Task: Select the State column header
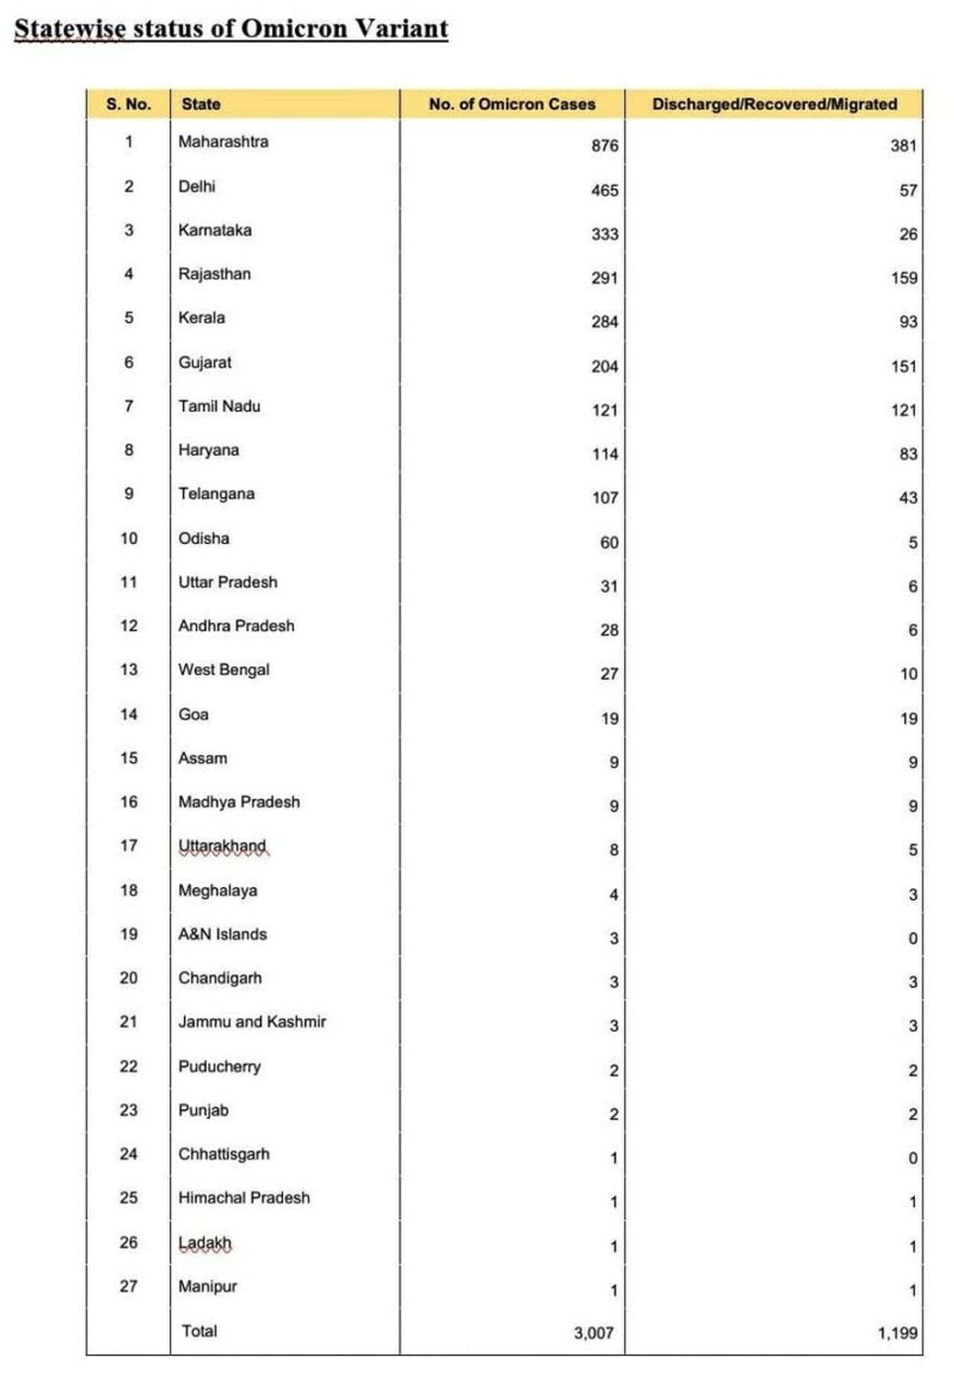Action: (200, 104)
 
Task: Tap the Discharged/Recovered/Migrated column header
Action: (774, 104)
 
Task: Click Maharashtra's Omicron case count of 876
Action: (604, 146)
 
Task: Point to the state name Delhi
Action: (197, 186)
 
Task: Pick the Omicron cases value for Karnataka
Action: (604, 234)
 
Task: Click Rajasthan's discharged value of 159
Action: (903, 278)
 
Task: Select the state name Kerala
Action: (201, 317)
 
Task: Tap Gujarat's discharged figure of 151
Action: (903, 367)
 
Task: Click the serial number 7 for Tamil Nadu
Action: (129, 406)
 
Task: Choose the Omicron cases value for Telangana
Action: (604, 498)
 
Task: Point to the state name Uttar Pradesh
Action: (227, 582)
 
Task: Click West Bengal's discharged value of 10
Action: (908, 674)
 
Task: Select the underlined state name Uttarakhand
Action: (222, 846)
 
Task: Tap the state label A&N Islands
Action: (222, 934)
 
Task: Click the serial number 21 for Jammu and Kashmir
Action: (128, 1021)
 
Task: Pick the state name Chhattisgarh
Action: (224, 1154)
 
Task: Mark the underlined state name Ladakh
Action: (205, 1243)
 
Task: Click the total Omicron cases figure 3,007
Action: (593, 1333)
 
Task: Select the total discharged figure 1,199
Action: (897, 1333)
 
